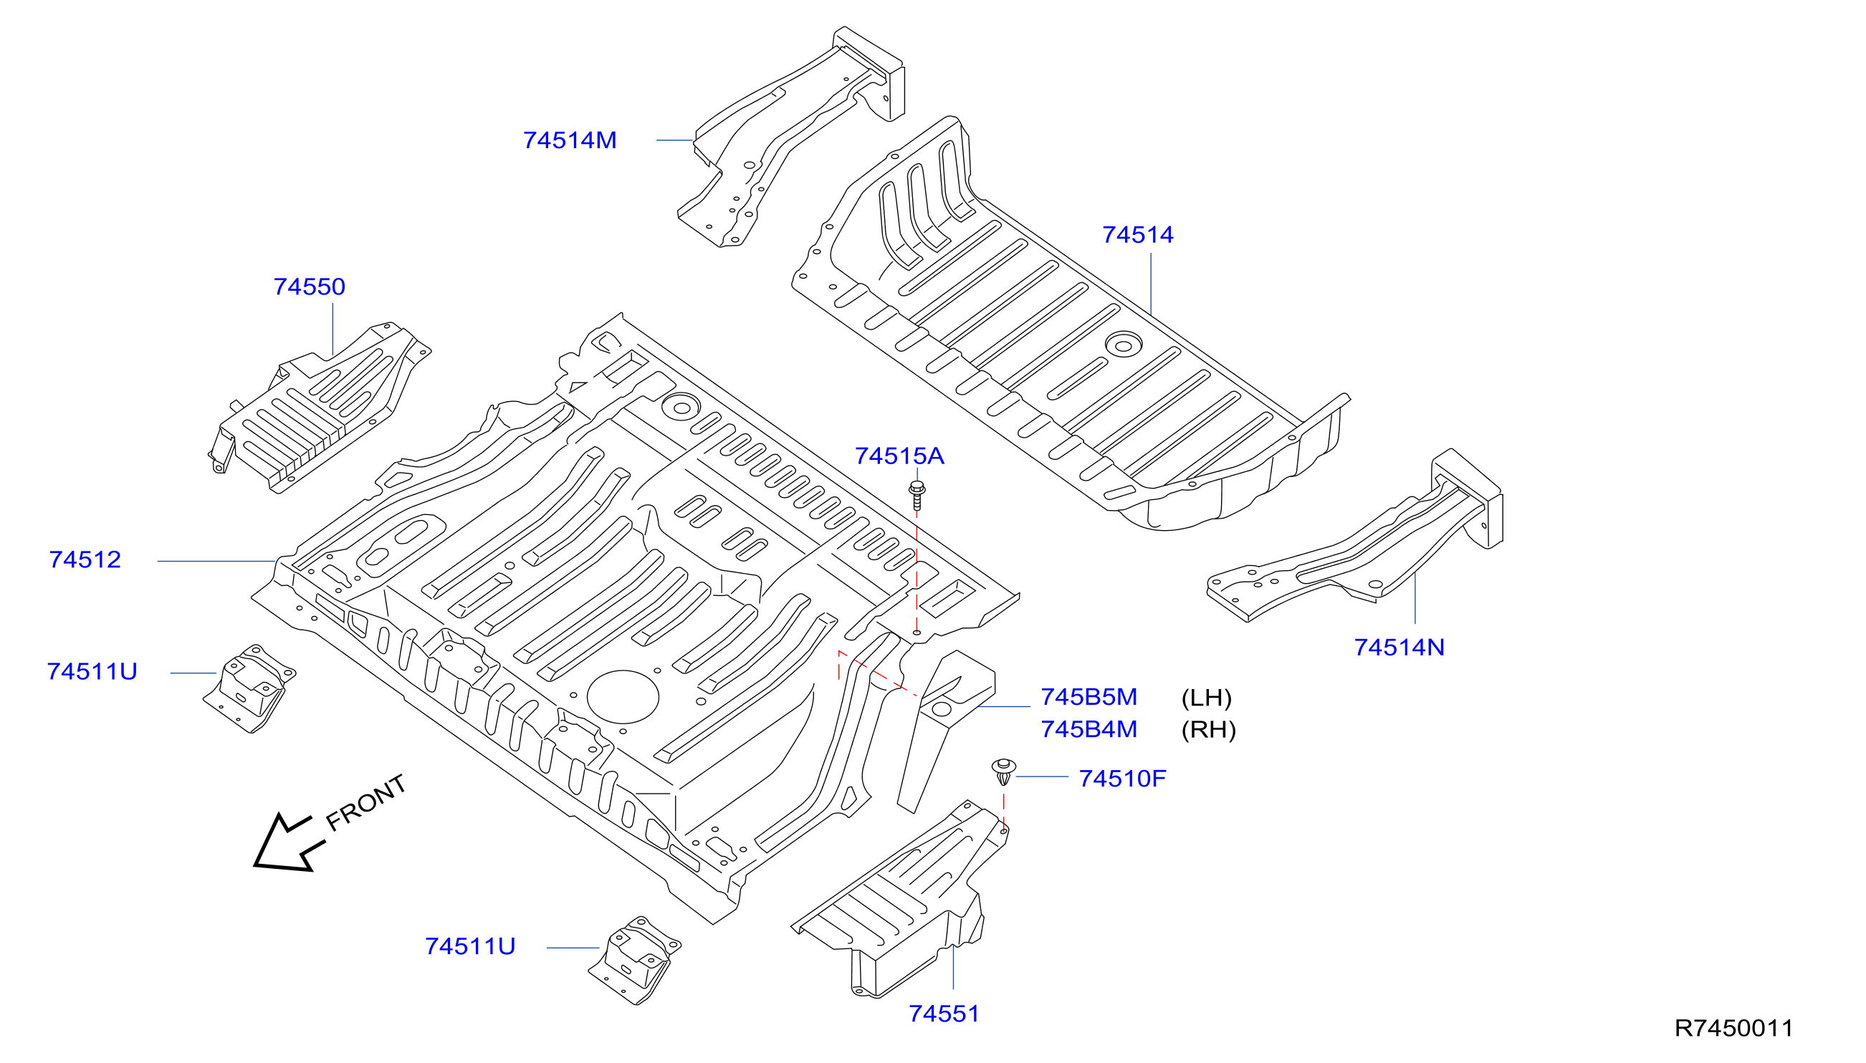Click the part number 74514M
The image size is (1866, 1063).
point(570,140)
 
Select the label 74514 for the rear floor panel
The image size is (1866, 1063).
point(1137,235)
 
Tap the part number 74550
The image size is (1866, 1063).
point(309,287)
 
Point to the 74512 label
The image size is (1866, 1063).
point(85,560)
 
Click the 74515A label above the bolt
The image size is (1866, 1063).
point(899,456)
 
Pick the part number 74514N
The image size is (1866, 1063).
point(1399,648)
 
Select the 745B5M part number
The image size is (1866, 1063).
point(1088,697)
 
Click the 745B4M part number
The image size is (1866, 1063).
point(1088,729)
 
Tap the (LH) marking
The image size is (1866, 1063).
point(1206,698)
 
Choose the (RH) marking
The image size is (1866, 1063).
point(1208,730)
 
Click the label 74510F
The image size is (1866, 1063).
point(1121,779)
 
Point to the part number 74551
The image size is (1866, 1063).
point(944,1014)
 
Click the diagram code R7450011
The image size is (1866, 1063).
point(1733,1029)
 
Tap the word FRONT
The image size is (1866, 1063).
point(365,802)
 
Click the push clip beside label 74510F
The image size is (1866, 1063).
point(1003,771)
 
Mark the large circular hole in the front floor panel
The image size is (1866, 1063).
point(622,697)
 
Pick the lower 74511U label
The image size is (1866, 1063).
point(470,947)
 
